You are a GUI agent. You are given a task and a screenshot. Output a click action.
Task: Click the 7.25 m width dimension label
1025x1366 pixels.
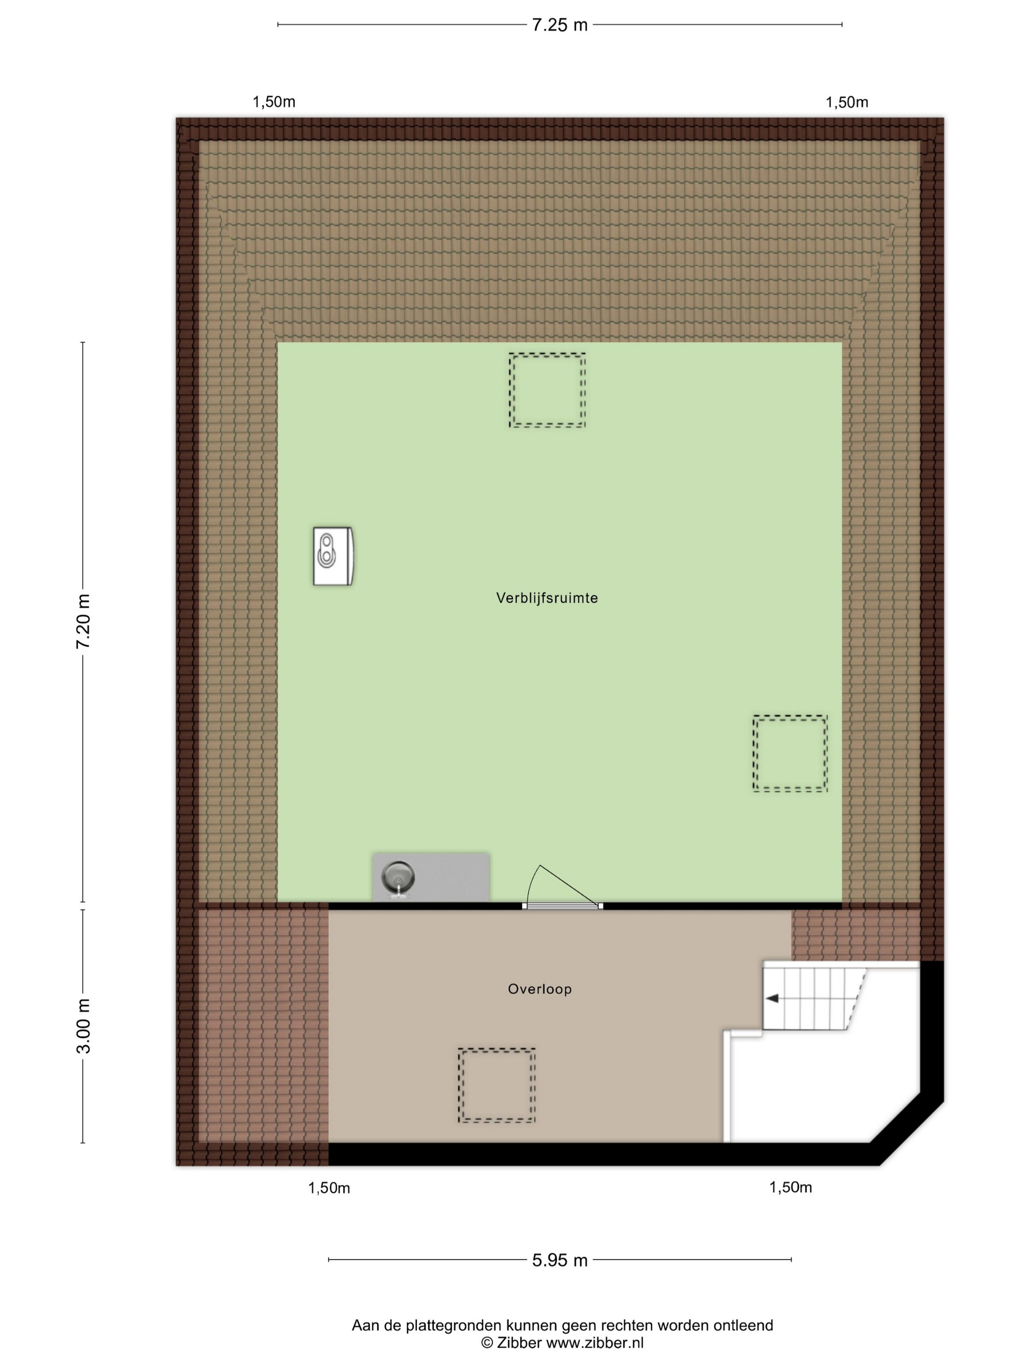pyautogui.click(x=559, y=25)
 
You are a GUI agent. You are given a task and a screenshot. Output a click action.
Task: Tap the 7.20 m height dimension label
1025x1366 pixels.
pyautogui.click(x=83, y=621)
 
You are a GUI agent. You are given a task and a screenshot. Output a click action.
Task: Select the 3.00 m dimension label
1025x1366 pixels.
pyautogui.click(x=83, y=1026)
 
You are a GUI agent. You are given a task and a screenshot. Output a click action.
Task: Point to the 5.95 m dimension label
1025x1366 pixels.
pyautogui.click(x=559, y=1261)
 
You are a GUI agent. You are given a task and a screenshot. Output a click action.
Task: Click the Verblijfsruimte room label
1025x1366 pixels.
pyautogui.click(x=547, y=598)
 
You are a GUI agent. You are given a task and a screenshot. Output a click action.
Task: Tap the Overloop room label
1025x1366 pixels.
pyautogui.click(x=539, y=989)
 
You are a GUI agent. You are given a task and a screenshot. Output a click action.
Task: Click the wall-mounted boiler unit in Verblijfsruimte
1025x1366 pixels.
pyautogui.click(x=332, y=556)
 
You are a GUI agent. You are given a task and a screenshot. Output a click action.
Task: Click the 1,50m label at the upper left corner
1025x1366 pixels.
pyautogui.click(x=274, y=102)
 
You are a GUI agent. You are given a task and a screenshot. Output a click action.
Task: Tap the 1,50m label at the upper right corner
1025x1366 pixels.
pyautogui.click(x=846, y=102)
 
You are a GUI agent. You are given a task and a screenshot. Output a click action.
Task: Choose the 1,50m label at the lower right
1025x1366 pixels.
pyautogui.click(x=790, y=1187)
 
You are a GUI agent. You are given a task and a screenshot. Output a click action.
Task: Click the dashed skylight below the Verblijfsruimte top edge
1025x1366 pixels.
pyautogui.click(x=547, y=390)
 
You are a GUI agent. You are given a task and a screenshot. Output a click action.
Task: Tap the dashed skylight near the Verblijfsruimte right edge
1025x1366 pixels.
pyautogui.click(x=790, y=753)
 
